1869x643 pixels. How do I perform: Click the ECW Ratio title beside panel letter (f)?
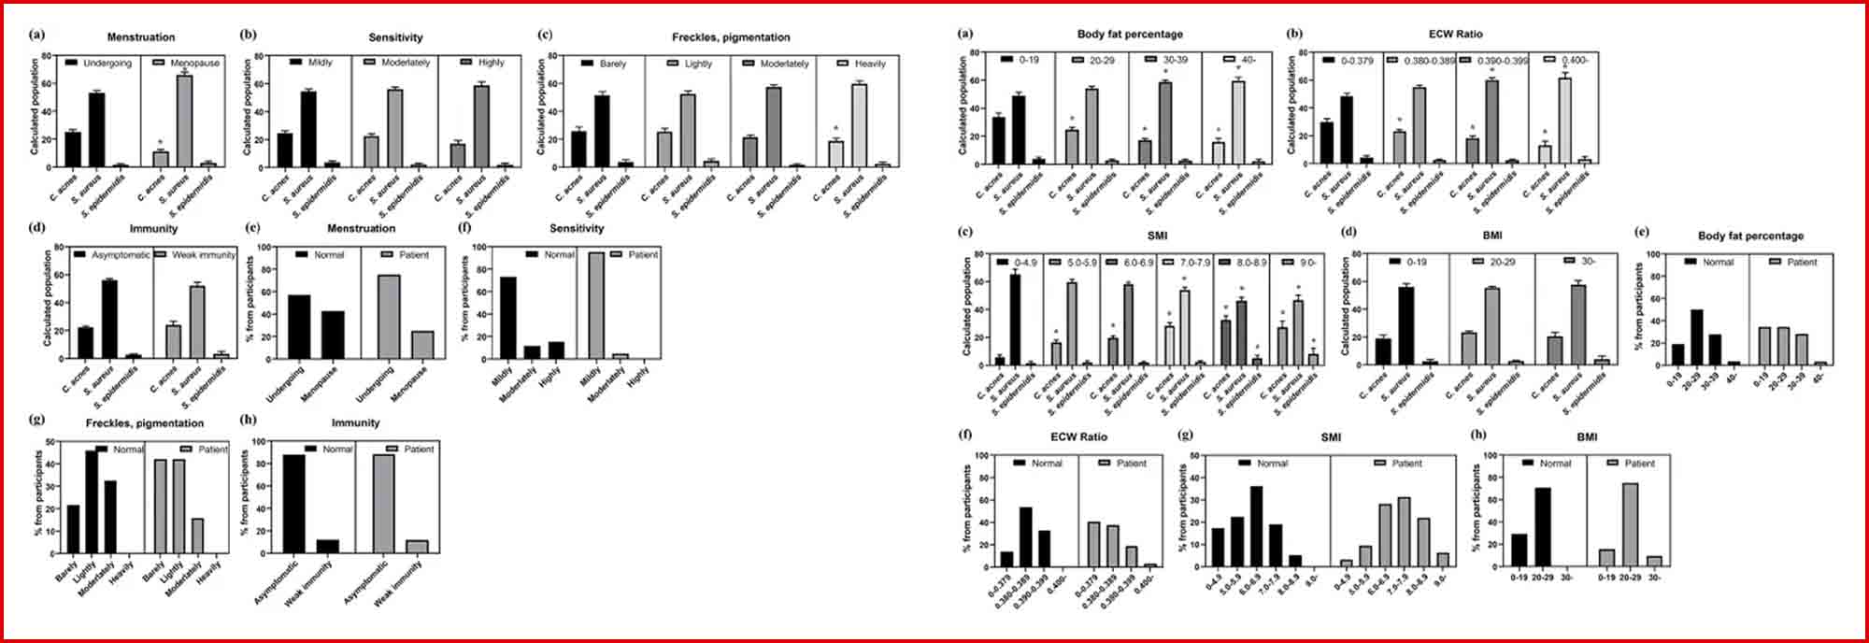1078,436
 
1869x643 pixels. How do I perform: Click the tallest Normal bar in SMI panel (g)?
1256,526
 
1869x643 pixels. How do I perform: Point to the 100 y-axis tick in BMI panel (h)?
1492,455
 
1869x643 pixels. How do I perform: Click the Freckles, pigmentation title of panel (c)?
731,37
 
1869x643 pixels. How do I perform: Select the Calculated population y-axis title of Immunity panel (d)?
48,297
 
